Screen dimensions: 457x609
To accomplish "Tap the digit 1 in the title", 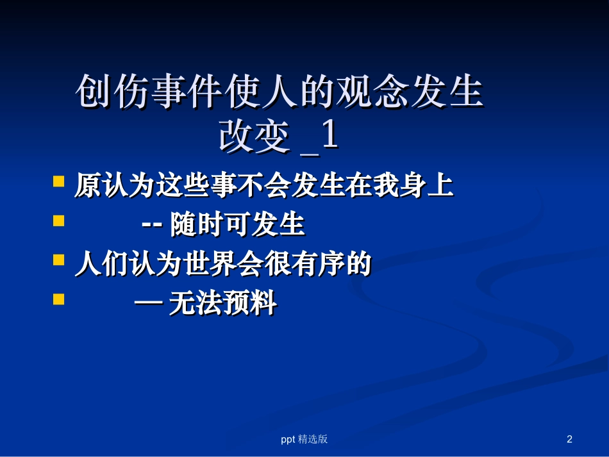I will coord(329,136).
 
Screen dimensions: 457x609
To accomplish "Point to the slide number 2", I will coord(569,439).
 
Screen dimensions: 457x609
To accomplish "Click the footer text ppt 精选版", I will coord(304,439).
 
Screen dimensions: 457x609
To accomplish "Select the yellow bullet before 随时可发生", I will coord(58,221).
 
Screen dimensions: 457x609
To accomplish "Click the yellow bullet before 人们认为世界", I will coord(58,260).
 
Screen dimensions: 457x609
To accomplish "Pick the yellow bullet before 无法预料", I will coord(58,299).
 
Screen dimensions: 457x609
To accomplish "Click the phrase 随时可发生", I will coord(237,226).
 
